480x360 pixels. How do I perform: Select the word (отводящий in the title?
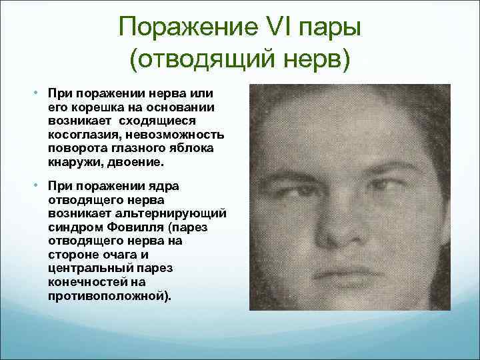pyautogui.click(x=199, y=61)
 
